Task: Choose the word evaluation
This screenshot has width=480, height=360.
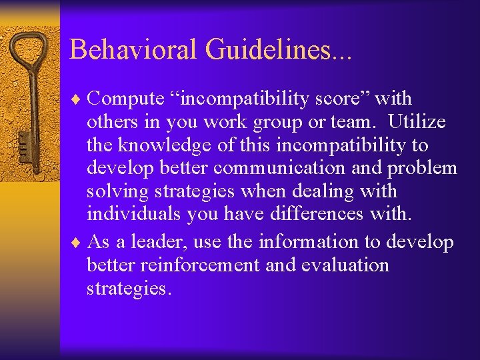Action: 345,265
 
